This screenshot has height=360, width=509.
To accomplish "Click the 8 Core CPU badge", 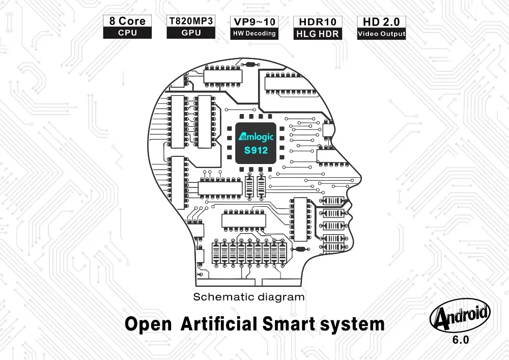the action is [x=127, y=27].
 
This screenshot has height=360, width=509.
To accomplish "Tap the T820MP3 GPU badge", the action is [x=191, y=27].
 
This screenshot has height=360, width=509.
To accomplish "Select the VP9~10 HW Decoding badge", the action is [x=254, y=27].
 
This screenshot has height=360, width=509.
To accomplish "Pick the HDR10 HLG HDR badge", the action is [x=318, y=27].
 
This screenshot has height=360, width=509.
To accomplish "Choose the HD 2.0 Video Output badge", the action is [x=381, y=27].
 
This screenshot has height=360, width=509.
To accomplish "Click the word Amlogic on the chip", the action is [x=256, y=136].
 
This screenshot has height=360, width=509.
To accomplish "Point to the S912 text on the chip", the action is [x=256, y=150].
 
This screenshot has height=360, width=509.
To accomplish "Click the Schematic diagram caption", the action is [x=249, y=297].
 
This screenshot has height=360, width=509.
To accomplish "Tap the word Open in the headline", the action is [x=148, y=324].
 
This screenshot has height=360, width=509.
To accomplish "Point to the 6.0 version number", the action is [x=461, y=340].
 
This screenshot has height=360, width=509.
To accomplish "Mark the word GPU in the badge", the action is [x=191, y=33].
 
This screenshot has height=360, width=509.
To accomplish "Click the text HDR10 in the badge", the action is [x=318, y=22].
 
